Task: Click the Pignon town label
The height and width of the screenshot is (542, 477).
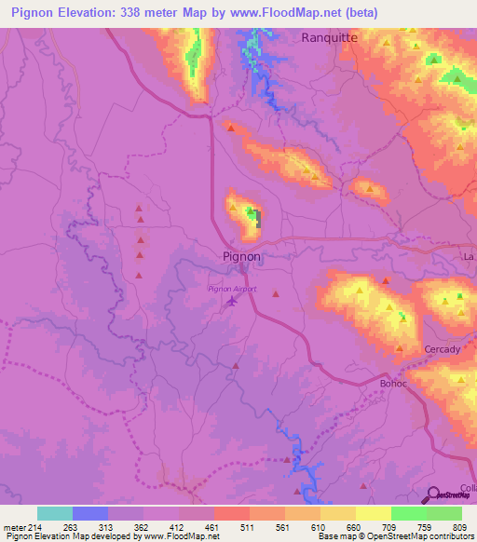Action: coord(241,256)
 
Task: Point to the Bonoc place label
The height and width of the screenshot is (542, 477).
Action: coord(395,383)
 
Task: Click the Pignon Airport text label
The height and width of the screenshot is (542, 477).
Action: coord(232,289)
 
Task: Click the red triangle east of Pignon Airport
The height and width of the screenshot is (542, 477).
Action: coord(276,294)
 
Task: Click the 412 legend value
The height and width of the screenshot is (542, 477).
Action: coord(178,526)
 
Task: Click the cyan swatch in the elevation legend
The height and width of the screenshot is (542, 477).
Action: coord(55,513)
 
